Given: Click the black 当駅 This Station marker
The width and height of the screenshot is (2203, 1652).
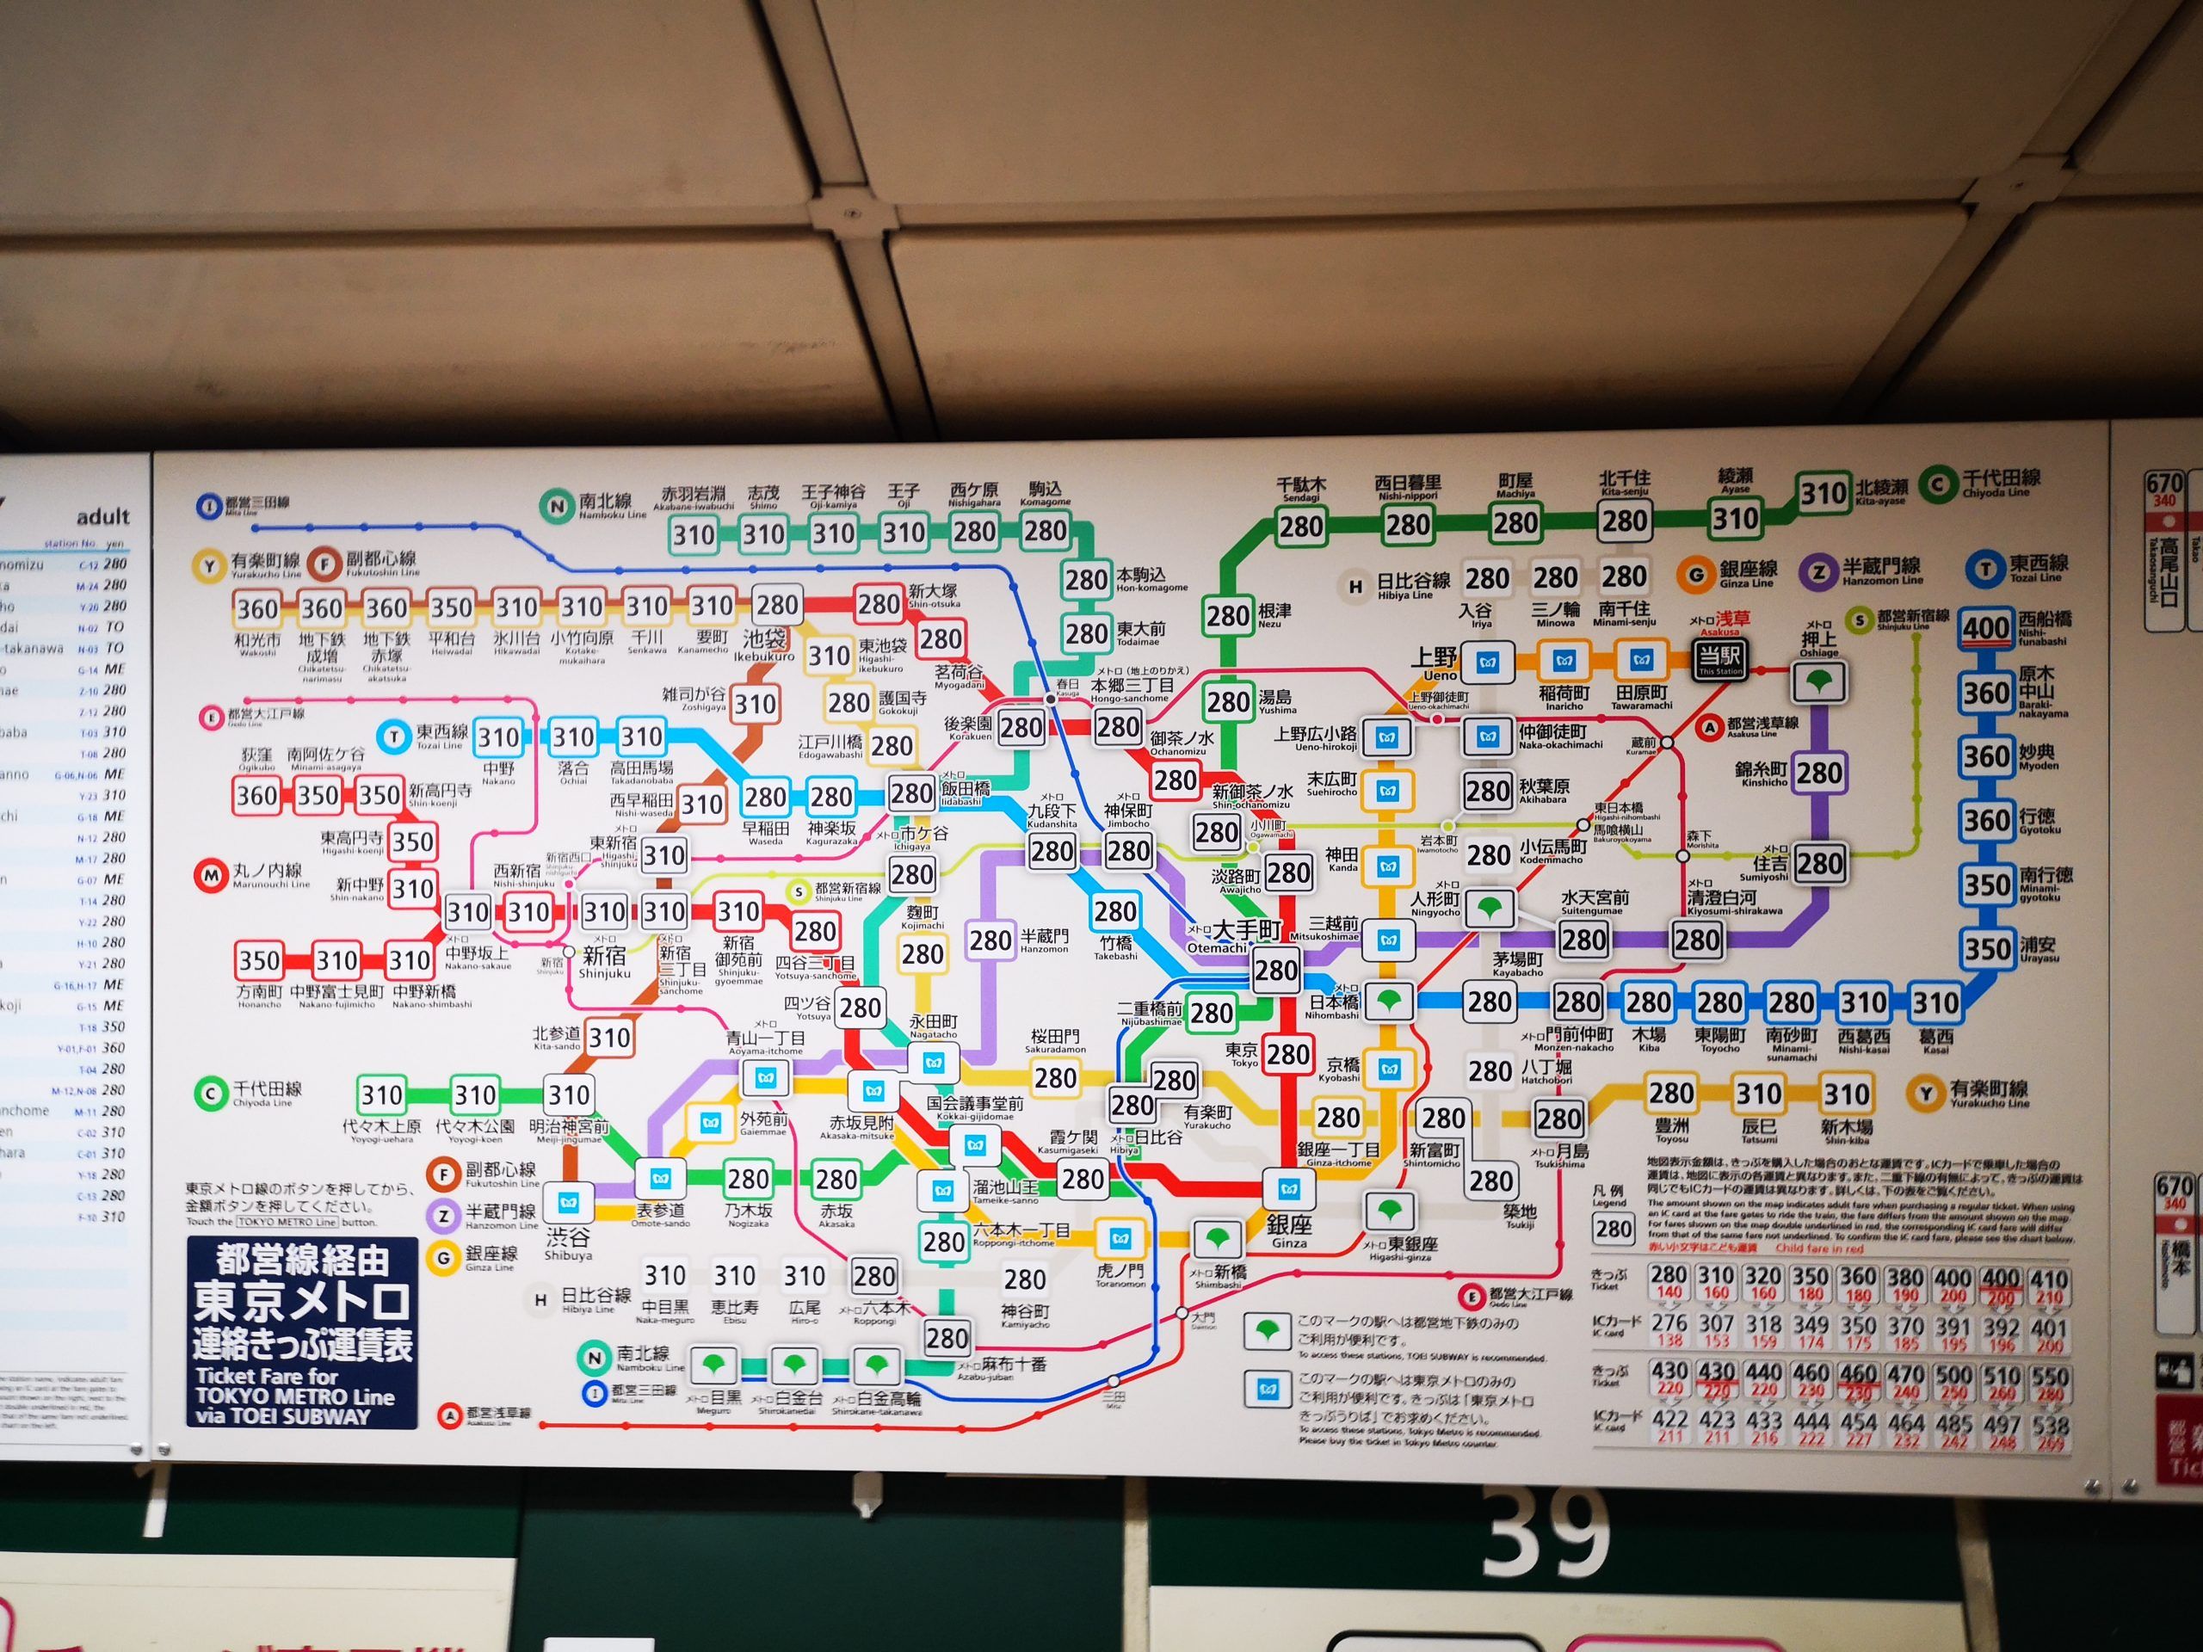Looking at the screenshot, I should (1722, 659).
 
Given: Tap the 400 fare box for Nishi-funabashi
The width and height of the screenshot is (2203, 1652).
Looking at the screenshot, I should (1985, 627).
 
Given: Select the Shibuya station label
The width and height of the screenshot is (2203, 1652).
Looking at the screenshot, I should (568, 1241).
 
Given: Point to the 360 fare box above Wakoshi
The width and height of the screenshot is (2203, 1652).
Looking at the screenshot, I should (257, 608).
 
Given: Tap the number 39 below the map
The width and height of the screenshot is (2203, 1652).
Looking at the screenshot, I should (1546, 1532).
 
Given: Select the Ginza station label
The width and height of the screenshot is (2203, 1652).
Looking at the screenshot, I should (1289, 1227).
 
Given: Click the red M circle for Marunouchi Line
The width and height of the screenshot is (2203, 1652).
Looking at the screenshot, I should (211, 876).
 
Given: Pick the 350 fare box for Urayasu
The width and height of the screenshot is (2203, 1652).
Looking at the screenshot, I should (1987, 949).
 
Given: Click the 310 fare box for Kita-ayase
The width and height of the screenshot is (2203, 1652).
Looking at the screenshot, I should (1823, 493).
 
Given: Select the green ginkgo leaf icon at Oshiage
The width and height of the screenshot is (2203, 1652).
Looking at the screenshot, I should (1819, 683).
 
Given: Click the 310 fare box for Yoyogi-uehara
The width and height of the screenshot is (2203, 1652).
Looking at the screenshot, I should (381, 1095).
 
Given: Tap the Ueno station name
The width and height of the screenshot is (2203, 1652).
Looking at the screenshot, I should (1435, 659).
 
